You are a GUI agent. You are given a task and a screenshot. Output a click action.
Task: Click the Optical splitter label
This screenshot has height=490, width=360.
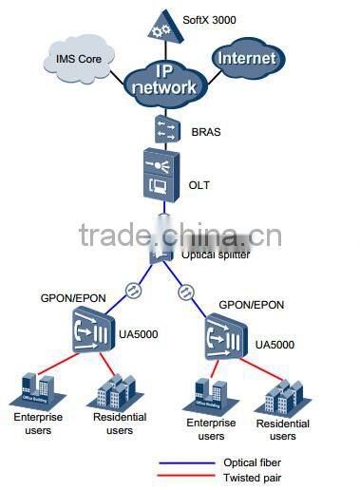(216, 255)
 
